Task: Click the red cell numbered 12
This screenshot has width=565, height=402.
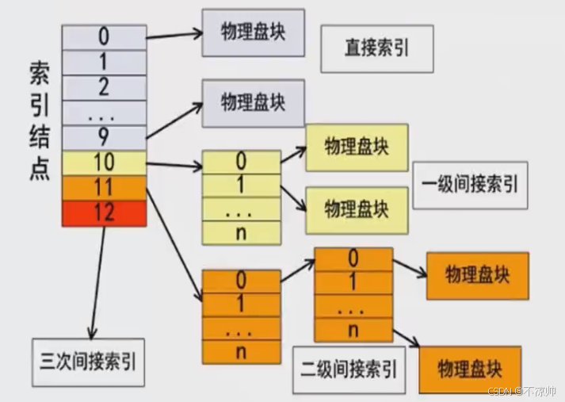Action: pos(104,213)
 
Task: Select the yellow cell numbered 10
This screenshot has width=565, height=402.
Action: pos(104,163)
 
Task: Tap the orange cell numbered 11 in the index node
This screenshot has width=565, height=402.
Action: pos(104,188)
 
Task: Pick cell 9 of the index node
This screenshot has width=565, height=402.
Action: pos(104,137)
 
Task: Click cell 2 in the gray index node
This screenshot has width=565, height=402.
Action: pos(104,87)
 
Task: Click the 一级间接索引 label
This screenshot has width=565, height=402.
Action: pos(470,185)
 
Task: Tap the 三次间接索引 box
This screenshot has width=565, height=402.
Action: pos(87,362)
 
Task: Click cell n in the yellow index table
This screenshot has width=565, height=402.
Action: pos(241,233)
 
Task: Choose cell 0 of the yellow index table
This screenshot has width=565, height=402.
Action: pos(241,163)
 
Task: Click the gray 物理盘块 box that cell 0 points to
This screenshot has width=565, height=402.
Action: pos(253,33)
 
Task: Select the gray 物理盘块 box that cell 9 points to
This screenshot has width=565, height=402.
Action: pos(253,103)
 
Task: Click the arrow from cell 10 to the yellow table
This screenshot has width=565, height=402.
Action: pos(174,165)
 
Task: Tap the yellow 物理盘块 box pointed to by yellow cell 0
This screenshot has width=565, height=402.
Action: pos(357,147)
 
